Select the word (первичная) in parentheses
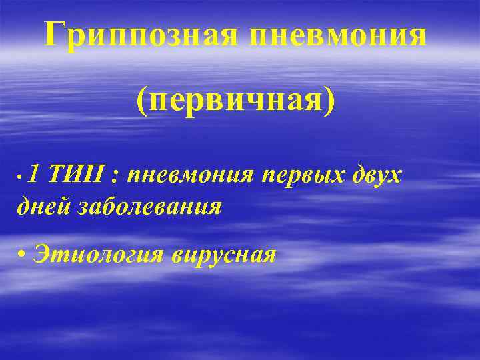[236, 100]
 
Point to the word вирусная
[223, 253]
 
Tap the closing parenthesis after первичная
[331, 101]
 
